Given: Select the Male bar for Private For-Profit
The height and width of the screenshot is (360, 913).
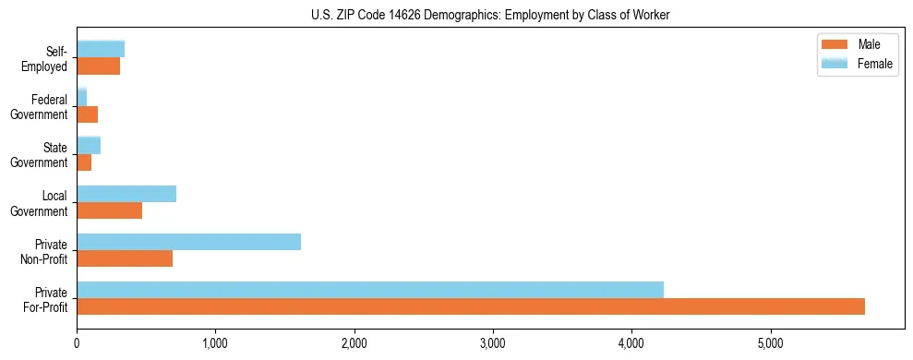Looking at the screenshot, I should [470, 306].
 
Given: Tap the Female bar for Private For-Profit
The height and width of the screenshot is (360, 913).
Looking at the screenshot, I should [369, 290].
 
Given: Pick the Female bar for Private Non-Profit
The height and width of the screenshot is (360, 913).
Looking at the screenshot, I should [188, 242].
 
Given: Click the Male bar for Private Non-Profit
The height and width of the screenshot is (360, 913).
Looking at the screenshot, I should [125, 258].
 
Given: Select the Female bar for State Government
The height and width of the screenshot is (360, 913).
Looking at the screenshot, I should [89, 146].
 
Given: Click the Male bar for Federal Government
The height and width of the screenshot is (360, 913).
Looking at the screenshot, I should [87, 114].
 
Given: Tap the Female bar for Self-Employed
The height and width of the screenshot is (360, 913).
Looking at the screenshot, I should [101, 50].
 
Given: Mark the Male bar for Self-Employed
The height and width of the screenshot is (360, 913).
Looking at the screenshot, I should [98, 66].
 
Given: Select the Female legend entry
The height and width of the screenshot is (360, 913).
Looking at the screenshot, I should [859, 64].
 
